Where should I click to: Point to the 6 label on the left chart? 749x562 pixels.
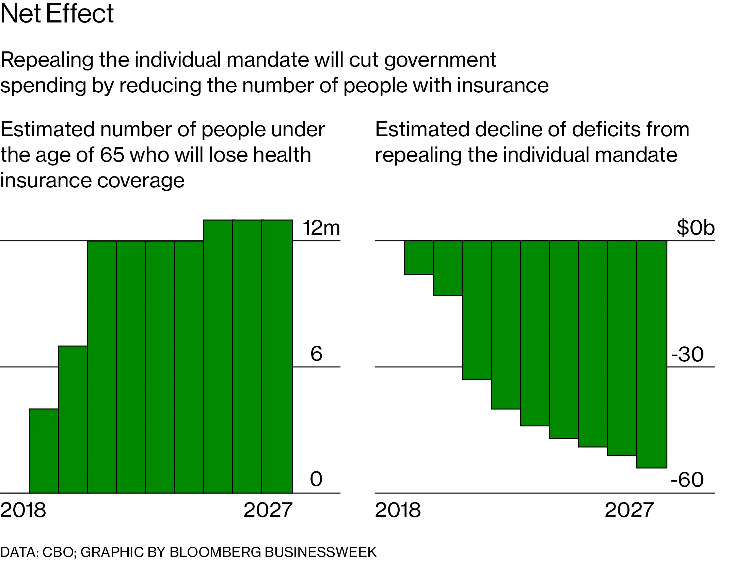coord(316,354)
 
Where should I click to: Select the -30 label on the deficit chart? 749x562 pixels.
coord(687,354)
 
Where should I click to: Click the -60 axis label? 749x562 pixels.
coord(687,480)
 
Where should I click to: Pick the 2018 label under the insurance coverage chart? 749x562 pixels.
coord(23,510)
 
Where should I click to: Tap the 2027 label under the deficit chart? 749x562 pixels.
coord(629,510)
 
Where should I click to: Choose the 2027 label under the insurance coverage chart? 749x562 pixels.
coord(268,510)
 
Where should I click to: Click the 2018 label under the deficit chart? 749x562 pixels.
coord(398,510)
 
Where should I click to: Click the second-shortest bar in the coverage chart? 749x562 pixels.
coord(73,419)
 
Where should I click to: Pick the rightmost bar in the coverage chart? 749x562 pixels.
coord(277,356)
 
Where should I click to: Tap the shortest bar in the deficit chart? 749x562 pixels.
coord(418,257)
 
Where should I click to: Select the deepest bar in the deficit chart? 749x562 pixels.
coord(651,354)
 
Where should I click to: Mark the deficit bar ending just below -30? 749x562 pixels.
coord(477,310)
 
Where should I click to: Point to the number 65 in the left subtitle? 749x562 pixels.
coord(112,155)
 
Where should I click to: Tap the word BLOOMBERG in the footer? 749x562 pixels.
coord(216,552)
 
